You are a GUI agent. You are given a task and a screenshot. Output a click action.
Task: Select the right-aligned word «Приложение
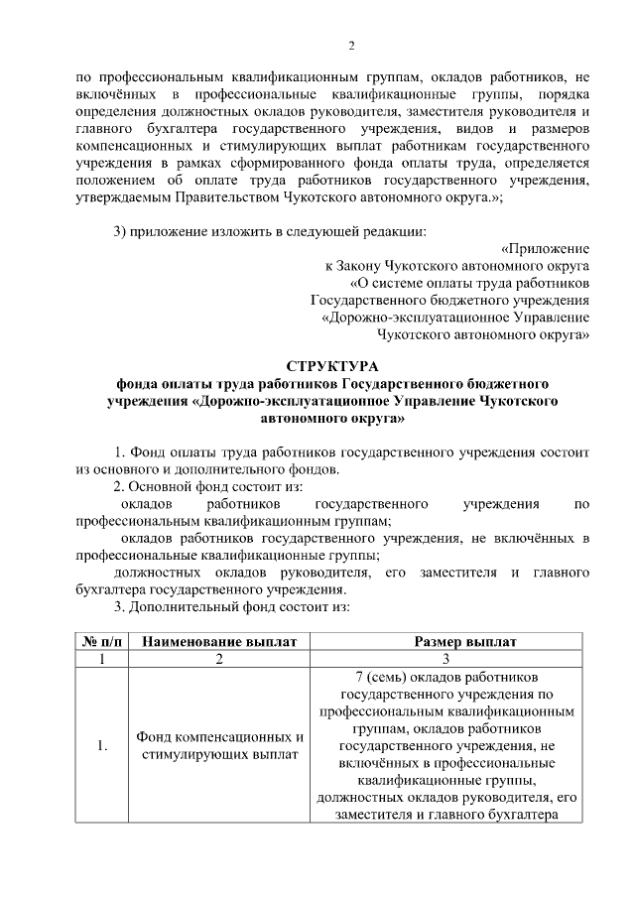[x=545, y=247]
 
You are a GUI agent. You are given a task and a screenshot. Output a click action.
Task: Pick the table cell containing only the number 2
[x=220, y=660]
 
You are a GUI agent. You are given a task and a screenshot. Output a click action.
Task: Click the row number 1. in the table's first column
[x=102, y=746]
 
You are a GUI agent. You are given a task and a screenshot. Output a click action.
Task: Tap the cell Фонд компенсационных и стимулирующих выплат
[x=220, y=746]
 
